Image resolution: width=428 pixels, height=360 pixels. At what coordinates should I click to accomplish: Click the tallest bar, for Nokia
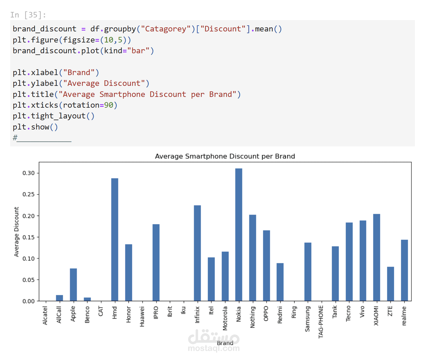click(238, 234)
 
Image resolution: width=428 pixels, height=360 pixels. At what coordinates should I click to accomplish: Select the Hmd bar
click(115, 239)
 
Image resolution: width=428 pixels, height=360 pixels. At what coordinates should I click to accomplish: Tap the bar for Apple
click(73, 284)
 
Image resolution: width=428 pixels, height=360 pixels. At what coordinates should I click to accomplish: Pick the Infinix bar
click(197, 253)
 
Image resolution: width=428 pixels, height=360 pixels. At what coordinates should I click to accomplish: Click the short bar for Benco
click(87, 299)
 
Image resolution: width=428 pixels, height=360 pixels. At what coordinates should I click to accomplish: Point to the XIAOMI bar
click(377, 257)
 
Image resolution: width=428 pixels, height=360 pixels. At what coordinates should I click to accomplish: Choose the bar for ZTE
click(390, 284)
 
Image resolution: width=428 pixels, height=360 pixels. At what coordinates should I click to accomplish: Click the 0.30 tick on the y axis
click(28, 173)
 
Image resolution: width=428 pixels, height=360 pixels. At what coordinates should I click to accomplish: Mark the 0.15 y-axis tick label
click(28, 237)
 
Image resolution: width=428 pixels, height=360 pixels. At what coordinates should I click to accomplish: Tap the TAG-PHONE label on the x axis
click(321, 322)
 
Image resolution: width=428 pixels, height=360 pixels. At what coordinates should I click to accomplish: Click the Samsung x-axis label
click(307, 319)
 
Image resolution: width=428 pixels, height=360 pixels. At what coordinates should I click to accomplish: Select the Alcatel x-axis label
click(45, 315)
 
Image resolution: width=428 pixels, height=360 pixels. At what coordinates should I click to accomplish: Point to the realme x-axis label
click(404, 316)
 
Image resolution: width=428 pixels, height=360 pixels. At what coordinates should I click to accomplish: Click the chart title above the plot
click(225, 156)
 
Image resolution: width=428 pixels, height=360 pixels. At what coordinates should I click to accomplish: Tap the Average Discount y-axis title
click(16, 232)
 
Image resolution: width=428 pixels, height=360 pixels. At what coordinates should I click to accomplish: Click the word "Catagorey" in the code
click(165, 29)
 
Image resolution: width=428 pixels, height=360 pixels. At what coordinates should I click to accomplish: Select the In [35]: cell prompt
click(28, 15)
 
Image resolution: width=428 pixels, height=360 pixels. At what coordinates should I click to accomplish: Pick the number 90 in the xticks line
click(108, 105)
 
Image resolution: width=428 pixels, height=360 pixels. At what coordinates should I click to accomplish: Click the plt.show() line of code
click(35, 127)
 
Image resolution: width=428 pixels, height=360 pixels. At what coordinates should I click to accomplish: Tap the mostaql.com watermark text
click(214, 348)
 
